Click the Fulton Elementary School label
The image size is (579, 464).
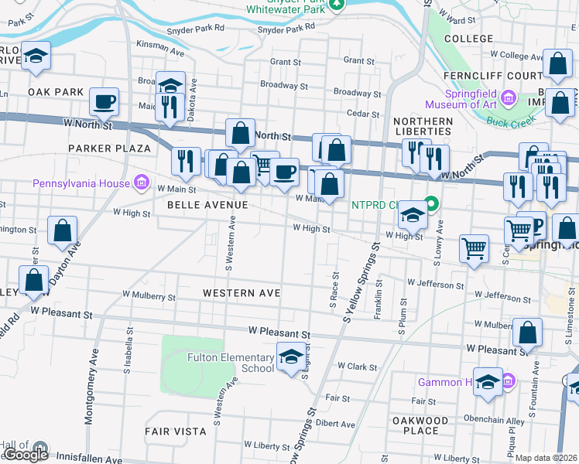click(x=231, y=362)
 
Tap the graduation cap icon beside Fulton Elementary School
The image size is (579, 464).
click(x=291, y=357)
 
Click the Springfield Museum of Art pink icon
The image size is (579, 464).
click(x=509, y=97)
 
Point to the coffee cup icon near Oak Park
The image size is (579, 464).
click(x=103, y=101)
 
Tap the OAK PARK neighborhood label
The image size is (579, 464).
click(x=55, y=91)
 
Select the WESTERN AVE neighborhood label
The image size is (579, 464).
click(x=241, y=293)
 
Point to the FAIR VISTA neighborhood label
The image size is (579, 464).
click(x=175, y=430)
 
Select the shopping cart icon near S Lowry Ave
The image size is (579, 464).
click(x=474, y=249)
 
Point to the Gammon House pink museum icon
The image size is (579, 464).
click(x=509, y=381)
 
